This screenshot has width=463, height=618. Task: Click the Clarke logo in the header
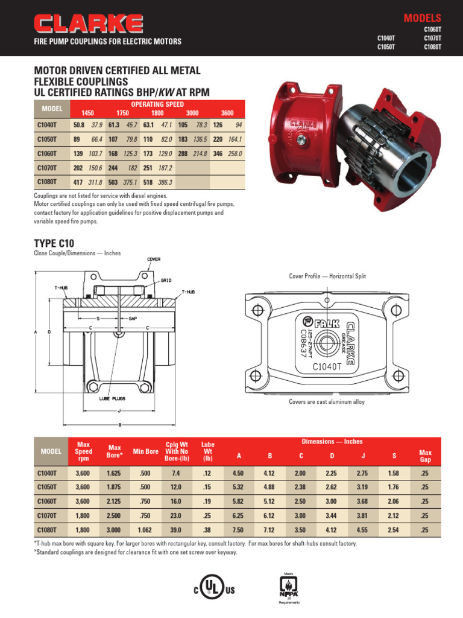pyautogui.click(x=89, y=24)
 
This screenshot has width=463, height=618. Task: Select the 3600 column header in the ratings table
pyautogui.click(x=227, y=113)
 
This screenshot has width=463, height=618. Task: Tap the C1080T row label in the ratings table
pyautogui.click(x=47, y=182)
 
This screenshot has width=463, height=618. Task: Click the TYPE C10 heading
pyautogui.click(x=54, y=243)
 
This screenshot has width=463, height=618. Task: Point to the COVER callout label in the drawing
pyautogui.click(x=154, y=259)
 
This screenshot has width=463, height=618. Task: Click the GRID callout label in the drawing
pyautogui.click(x=166, y=280)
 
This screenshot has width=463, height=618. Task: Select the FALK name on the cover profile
pyautogui.click(x=326, y=323)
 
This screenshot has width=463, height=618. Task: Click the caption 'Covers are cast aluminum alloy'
pyautogui.click(x=327, y=402)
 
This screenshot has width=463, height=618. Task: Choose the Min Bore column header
pyautogui.click(x=146, y=451)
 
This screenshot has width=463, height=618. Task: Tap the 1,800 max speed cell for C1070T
pyautogui.click(x=83, y=515)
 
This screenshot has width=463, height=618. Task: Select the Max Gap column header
pyautogui.click(x=426, y=456)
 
